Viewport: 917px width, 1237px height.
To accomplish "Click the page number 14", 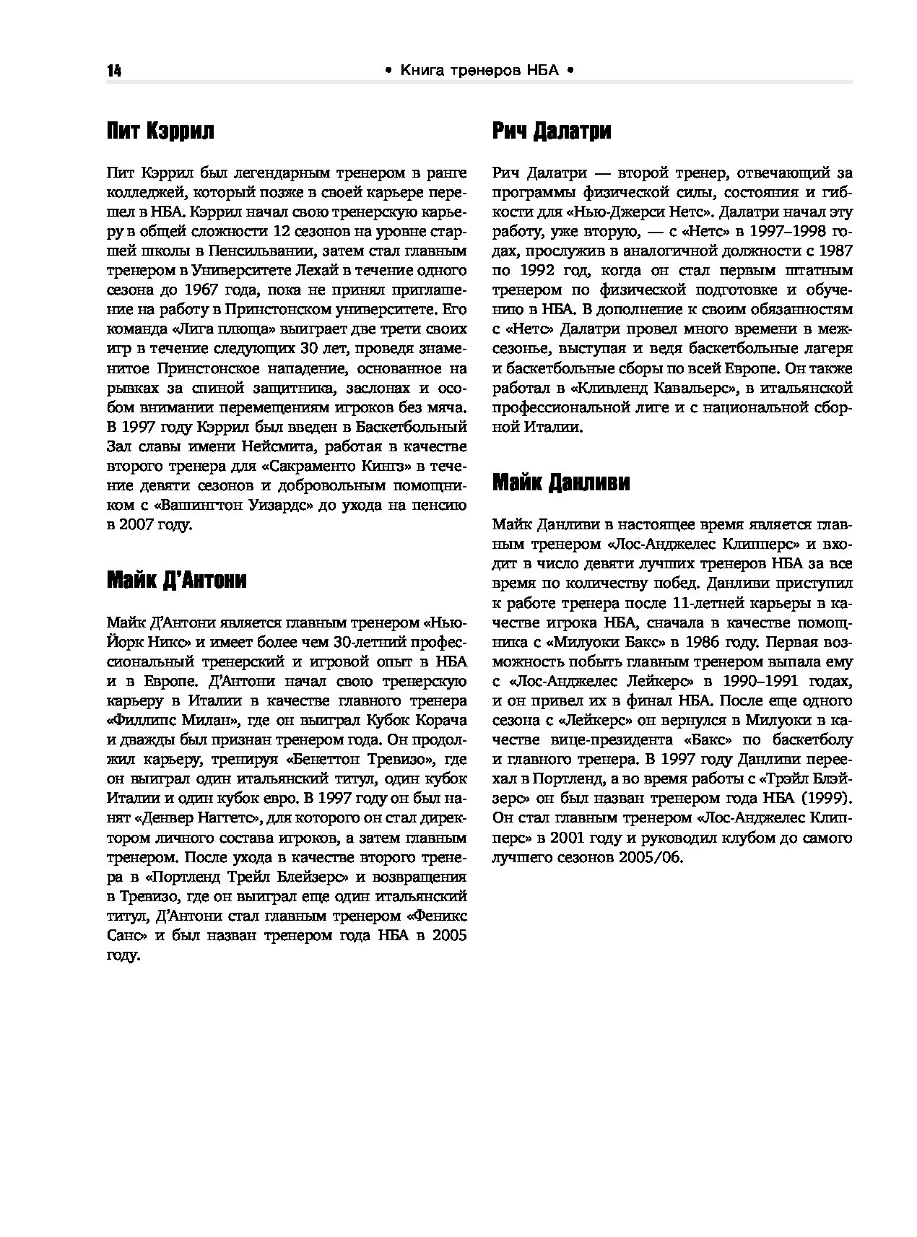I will pyautogui.click(x=114, y=71).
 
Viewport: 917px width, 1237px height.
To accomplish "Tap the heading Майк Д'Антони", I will pyautogui.click(x=176, y=580).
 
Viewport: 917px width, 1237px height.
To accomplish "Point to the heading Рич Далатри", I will pyautogui.click(x=552, y=131).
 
